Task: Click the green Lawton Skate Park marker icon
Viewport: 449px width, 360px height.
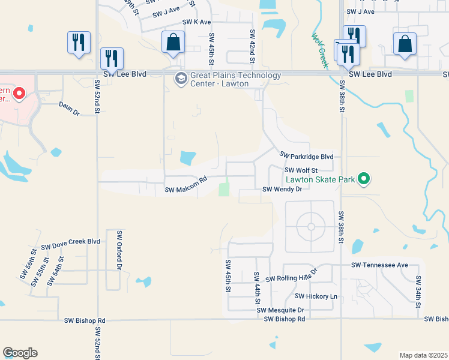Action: (363, 178)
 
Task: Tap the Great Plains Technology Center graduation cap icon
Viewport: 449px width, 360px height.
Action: (180, 78)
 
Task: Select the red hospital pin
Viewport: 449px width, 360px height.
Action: (19, 93)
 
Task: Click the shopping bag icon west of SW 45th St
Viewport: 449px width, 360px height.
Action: (173, 43)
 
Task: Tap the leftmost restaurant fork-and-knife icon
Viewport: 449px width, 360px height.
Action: (79, 42)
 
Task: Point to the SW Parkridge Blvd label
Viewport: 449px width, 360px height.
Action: (307, 157)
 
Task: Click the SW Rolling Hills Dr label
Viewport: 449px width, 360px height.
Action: (291, 277)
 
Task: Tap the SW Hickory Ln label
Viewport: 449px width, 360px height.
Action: (316, 296)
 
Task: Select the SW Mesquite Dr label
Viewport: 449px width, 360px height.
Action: (280, 310)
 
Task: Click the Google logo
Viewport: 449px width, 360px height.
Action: (20, 353)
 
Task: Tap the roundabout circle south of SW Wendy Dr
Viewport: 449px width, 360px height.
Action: (310, 226)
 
